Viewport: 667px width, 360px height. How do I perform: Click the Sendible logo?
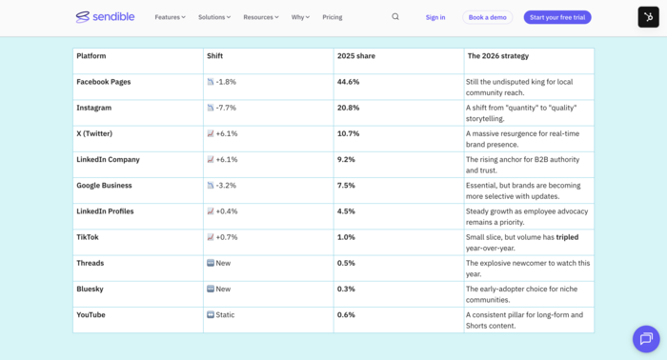tap(106, 17)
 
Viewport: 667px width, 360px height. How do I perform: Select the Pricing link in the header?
tap(333, 17)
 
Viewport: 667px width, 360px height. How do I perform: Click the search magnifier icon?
tap(395, 17)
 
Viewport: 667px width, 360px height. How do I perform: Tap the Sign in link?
tap(435, 17)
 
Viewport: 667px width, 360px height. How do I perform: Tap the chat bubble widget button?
tap(645, 338)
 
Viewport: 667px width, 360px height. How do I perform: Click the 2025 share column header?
tap(356, 56)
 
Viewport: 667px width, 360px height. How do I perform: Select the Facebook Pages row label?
tap(104, 82)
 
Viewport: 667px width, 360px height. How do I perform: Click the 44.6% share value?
tap(349, 82)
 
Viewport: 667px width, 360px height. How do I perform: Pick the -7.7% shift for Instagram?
tap(226, 108)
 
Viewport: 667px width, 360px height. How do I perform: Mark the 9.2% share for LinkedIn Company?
tap(346, 159)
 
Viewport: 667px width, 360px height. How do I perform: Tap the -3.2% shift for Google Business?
tap(226, 185)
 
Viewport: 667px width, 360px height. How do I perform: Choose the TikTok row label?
tap(88, 237)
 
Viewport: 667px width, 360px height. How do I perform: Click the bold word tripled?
tap(567, 237)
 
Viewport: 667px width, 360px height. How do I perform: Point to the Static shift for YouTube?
tap(225, 314)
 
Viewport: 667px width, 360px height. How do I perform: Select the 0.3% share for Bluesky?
tap(346, 289)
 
